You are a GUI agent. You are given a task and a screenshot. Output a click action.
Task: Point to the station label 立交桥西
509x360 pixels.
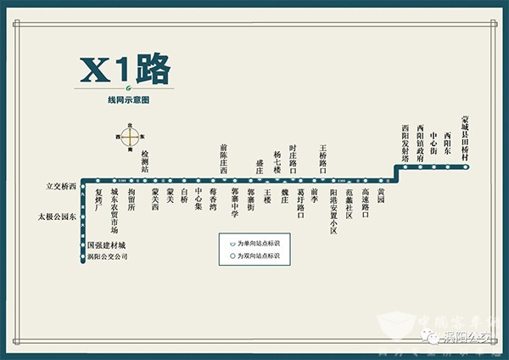point(61,185)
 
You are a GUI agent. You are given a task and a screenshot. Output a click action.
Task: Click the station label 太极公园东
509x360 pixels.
point(56,217)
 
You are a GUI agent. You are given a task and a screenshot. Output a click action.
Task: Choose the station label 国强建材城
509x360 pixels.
point(106,245)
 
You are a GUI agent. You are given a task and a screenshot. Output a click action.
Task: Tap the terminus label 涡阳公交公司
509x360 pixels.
point(107,256)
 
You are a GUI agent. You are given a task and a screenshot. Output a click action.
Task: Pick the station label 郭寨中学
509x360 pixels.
point(235,202)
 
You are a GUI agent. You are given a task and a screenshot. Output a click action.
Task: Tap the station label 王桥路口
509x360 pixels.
point(323,159)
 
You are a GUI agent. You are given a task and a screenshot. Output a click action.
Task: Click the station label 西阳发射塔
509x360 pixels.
point(406,143)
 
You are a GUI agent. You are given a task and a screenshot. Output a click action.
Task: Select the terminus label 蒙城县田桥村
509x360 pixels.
point(464,139)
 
